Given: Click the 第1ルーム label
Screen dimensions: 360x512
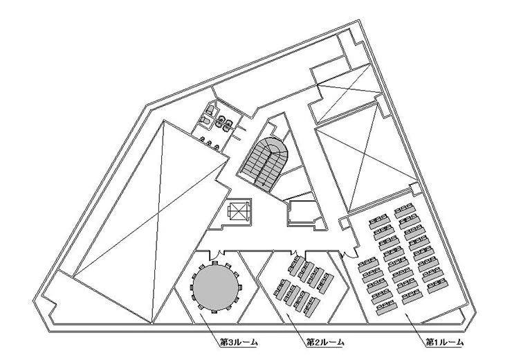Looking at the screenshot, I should point(444,342).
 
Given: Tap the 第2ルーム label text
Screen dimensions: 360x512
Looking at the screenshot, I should point(324,342).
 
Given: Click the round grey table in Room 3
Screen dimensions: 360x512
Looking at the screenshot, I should point(214,287).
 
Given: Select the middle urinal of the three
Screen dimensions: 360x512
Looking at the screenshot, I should point(210,141).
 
